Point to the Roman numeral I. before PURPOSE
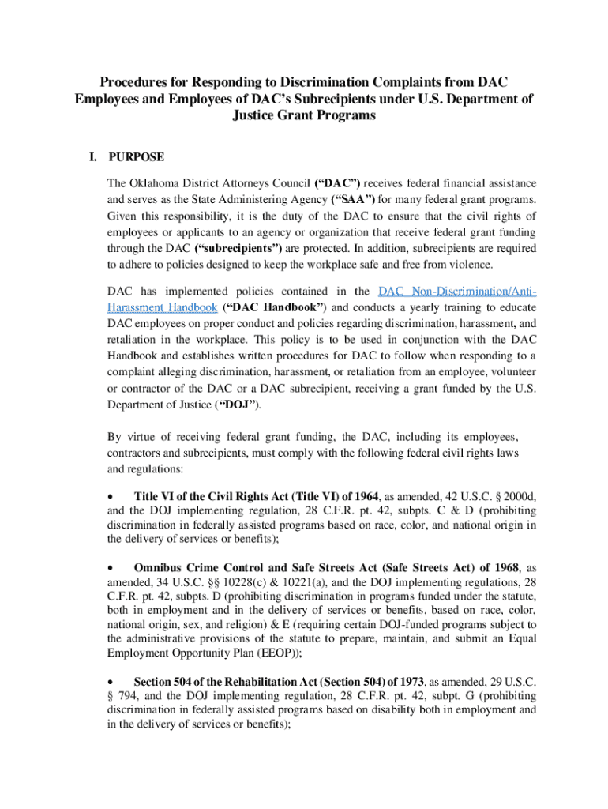[94, 157]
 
